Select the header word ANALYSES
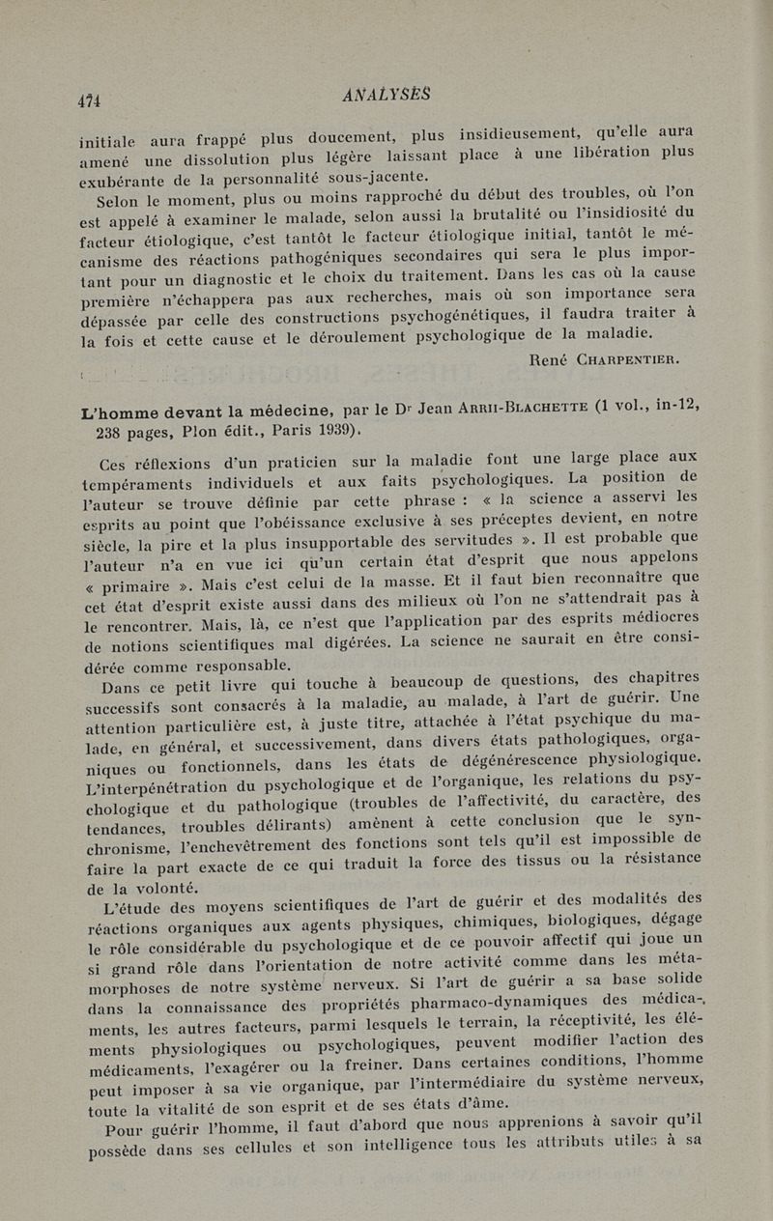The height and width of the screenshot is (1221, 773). click(386, 94)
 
